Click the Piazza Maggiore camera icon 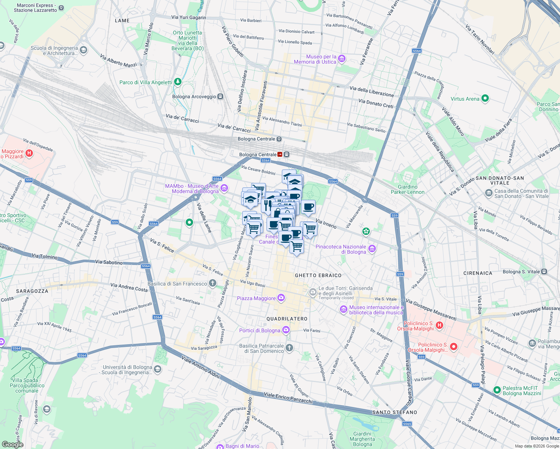pos(281,298)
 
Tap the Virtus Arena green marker pos(485,99)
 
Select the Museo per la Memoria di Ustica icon pos(341,59)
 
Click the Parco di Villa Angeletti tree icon pos(178,82)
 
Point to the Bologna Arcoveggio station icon pos(220,97)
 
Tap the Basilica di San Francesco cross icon pos(213,283)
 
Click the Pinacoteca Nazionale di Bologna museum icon pos(372,249)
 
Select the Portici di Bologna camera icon pos(286,330)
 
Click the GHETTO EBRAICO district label pos(318,275)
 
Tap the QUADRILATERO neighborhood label pos(287,319)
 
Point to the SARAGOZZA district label pos(32,291)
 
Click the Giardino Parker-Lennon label pos(408,189)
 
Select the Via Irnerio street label pos(326,224)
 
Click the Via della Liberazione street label pos(371,91)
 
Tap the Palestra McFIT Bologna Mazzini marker pos(497,390)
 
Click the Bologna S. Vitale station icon pos(544,272)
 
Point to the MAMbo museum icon pos(224,188)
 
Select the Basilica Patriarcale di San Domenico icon pos(289,348)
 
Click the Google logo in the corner pos(12,445)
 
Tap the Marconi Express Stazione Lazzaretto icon pos(62,8)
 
